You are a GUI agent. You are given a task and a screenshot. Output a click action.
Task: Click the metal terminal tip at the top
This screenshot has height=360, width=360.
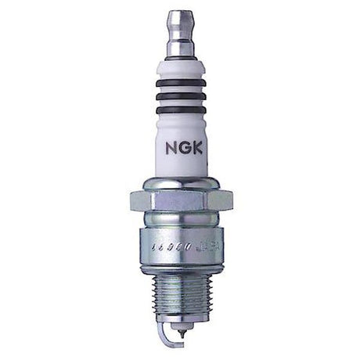point(179,19)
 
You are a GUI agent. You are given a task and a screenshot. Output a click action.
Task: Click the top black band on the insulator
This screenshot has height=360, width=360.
point(179,82)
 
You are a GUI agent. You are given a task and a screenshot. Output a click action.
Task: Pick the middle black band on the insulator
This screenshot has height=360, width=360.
point(179,96)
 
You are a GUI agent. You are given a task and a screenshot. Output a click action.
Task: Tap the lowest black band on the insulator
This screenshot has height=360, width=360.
point(179,110)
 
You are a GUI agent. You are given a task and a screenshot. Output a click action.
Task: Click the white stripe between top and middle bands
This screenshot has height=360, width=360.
point(179,89)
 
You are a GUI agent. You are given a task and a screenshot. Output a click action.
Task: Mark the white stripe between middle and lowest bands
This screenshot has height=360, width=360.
point(179,103)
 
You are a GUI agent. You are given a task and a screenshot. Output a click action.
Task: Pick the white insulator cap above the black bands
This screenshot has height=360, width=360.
point(179,69)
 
